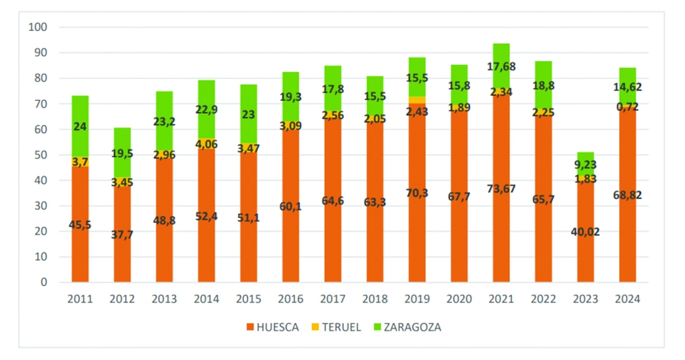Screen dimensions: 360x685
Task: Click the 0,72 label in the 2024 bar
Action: (x=627, y=106)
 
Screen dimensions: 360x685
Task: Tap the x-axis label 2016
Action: (x=290, y=299)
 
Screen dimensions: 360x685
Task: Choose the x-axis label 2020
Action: (x=459, y=299)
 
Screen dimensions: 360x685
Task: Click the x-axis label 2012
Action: (x=122, y=299)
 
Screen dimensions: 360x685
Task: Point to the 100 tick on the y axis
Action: (x=38, y=27)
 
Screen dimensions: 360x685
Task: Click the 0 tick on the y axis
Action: (x=43, y=282)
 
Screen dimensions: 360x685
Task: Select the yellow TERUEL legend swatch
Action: (x=315, y=326)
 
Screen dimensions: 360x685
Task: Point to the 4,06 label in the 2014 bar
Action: (x=206, y=144)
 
